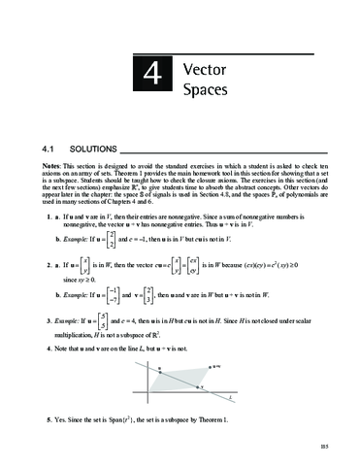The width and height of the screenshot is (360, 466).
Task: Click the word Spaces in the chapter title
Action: point(206,92)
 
